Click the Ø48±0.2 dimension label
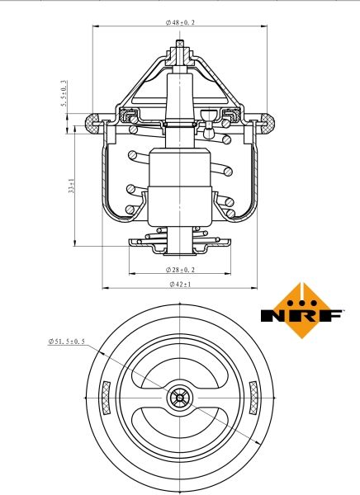tap(180, 22)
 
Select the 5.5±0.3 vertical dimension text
tap(64, 93)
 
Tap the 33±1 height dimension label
tap(72, 186)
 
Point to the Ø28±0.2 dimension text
tap(180, 270)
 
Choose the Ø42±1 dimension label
tap(180, 284)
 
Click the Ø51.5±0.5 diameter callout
tap(66, 342)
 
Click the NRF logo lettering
tap(301, 315)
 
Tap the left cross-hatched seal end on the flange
tap(92, 124)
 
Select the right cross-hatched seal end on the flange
tap(268, 124)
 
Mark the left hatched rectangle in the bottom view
tap(107, 398)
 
